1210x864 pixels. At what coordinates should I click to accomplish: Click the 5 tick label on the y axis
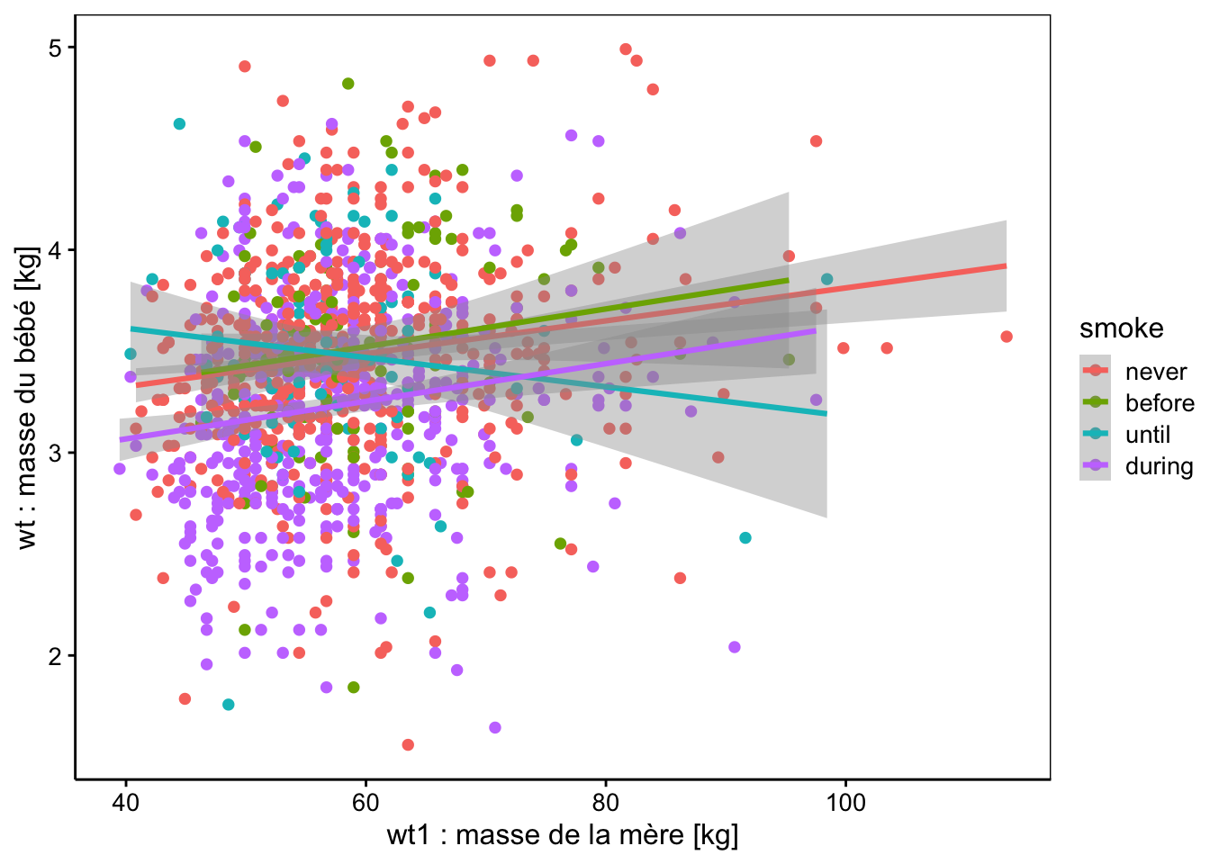click(x=55, y=48)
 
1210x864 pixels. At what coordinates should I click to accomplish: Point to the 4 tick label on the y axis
click(x=55, y=250)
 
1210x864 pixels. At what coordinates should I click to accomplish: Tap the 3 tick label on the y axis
click(x=55, y=453)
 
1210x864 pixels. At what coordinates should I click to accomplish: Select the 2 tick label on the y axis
click(x=55, y=656)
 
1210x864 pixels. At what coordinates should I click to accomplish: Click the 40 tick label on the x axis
click(x=126, y=803)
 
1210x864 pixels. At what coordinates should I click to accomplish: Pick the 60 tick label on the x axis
click(x=366, y=803)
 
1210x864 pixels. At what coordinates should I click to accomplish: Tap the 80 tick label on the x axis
click(x=606, y=803)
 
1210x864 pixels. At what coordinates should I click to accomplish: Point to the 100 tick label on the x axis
click(x=845, y=803)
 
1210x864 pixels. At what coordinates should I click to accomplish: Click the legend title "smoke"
click(x=1122, y=328)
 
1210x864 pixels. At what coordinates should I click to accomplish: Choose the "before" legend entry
click(x=1137, y=403)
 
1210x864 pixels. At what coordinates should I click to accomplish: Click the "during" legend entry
click(x=1136, y=466)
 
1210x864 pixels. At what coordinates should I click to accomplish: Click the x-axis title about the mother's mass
click(x=563, y=835)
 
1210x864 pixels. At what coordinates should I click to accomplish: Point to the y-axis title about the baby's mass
click(x=26, y=399)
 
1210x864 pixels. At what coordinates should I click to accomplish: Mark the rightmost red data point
click(x=1007, y=337)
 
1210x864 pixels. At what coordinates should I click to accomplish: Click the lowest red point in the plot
click(x=408, y=744)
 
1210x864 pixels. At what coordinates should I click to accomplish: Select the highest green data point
click(x=348, y=84)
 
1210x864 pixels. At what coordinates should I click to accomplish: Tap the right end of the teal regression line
click(x=826, y=414)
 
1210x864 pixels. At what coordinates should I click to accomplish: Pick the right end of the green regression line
click(x=789, y=280)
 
